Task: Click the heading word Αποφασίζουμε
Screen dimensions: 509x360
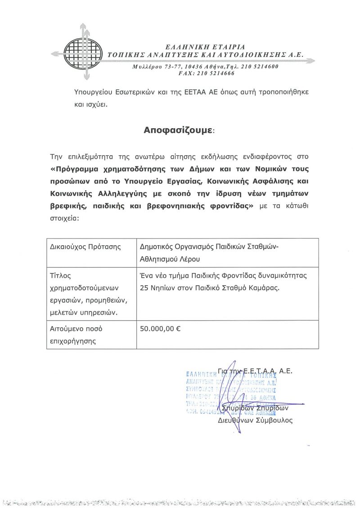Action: point(179,131)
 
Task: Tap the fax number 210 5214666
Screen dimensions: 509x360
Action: point(215,73)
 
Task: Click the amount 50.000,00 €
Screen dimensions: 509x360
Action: point(161,329)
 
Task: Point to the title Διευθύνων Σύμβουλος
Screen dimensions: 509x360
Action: point(255,420)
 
